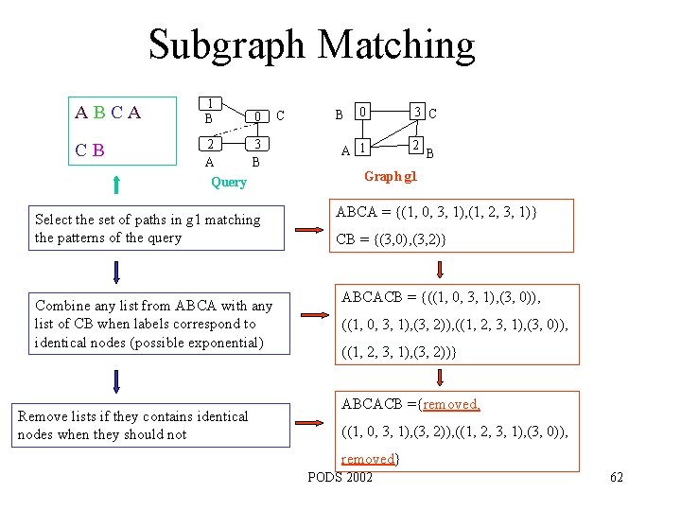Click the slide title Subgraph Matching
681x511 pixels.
coord(311,44)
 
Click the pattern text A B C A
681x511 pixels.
coord(109,114)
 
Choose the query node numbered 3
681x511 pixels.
coord(255,145)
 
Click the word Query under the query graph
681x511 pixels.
coord(228,182)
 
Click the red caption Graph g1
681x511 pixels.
coord(391,176)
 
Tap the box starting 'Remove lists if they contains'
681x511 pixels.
coord(153,425)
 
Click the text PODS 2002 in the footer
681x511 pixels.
coord(340,476)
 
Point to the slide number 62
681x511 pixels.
coord(617,477)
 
